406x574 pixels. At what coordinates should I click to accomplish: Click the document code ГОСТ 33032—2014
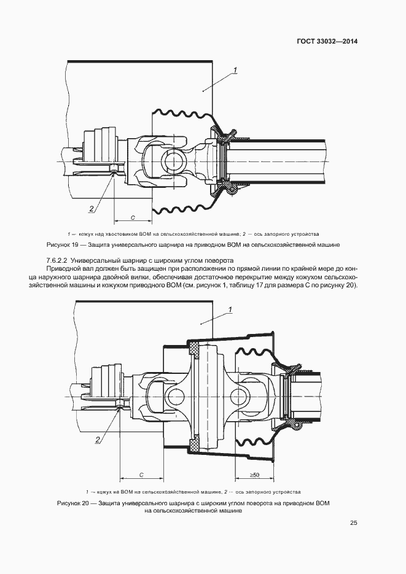(327, 41)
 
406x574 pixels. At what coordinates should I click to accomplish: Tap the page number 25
(353, 523)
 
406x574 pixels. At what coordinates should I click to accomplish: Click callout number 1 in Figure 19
(236, 69)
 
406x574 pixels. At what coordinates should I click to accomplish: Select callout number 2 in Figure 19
(91, 209)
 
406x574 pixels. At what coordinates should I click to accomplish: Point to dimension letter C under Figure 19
(133, 217)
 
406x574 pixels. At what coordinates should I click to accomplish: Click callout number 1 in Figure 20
(230, 310)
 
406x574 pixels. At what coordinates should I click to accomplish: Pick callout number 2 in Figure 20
(98, 440)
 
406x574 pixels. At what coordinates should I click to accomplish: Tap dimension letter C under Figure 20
(141, 475)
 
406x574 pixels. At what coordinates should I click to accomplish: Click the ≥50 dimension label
(254, 475)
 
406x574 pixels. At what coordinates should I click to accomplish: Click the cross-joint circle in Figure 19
(173, 161)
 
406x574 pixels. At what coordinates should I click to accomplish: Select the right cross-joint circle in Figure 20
(241, 395)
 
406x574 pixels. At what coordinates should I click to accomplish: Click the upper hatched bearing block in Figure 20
(193, 348)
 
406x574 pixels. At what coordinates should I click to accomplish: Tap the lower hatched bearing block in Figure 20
(193, 442)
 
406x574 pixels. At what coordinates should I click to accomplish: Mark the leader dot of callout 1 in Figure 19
(203, 89)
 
